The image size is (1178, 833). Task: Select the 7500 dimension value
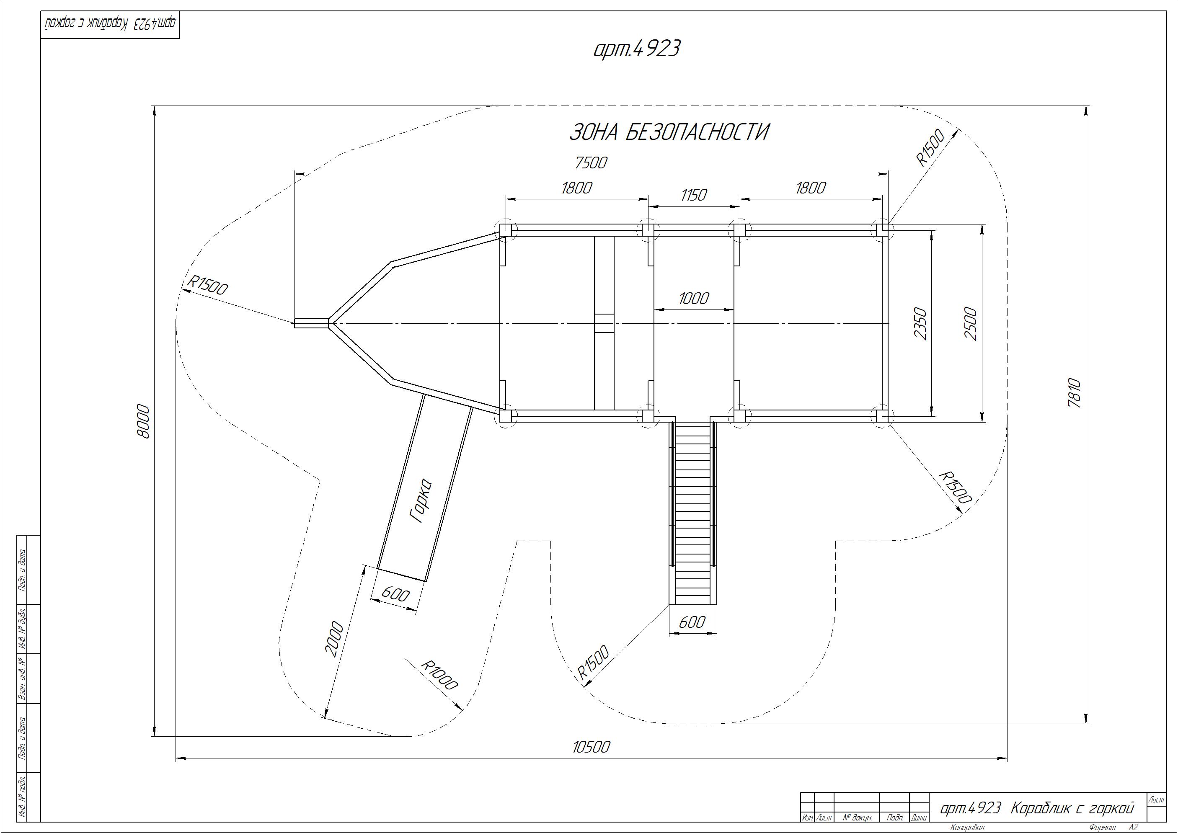point(591,162)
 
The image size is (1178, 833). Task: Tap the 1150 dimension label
point(694,195)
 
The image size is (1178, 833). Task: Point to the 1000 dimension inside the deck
point(694,298)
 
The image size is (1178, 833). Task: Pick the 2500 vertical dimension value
point(971,323)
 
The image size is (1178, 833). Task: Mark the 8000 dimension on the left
point(144,422)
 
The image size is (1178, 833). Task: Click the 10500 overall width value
point(591,747)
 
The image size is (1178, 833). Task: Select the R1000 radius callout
point(439,675)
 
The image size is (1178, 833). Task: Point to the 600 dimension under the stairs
point(692,622)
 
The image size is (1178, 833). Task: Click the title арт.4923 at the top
point(637,49)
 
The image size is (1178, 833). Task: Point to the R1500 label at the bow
point(207,285)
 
